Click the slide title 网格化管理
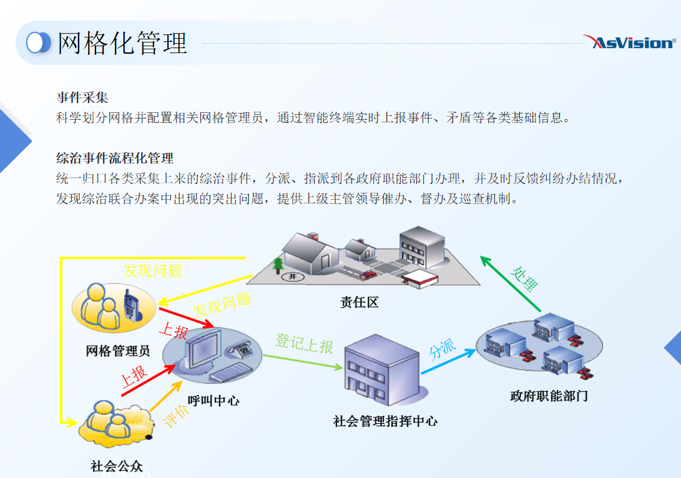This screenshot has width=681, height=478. pyautogui.click(x=122, y=44)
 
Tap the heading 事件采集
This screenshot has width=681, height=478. pyautogui.click(x=82, y=97)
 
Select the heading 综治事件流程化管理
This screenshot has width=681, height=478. pyautogui.click(x=115, y=158)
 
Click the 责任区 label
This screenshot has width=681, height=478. pyautogui.click(x=360, y=303)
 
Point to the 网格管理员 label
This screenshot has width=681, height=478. pyautogui.click(x=118, y=351)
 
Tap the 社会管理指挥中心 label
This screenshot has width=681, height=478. pyautogui.click(x=385, y=421)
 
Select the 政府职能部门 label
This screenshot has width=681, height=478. pyautogui.click(x=549, y=396)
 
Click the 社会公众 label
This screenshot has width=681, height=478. pyautogui.click(x=117, y=466)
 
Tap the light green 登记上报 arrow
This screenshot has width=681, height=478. pyautogui.click(x=303, y=363)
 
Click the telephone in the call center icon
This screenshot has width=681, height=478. pyautogui.click(x=241, y=349)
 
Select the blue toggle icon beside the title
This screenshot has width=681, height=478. pyautogui.click(x=39, y=43)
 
